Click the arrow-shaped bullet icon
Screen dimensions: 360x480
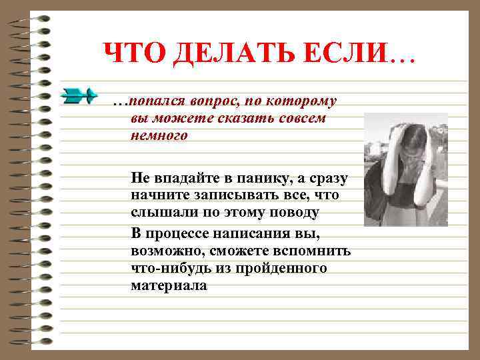coord(79,96)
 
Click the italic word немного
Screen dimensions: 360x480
coord(159,136)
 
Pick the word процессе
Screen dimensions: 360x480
coord(177,233)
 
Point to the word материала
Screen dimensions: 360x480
coord(169,285)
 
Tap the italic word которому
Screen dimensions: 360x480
coord(301,101)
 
